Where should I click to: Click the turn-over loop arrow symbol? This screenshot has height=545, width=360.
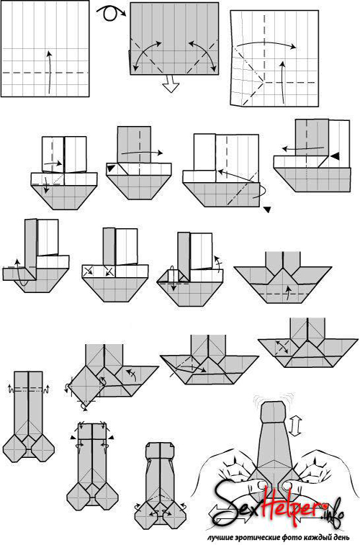[x=110, y=13]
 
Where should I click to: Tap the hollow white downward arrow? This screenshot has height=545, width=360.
[x=171, y=84]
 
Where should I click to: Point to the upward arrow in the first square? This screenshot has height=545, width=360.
[x=50, y=72]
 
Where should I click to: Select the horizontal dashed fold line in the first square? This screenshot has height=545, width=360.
[x=45, y=73]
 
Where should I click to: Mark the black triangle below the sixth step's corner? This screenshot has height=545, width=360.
[x=268, y=210]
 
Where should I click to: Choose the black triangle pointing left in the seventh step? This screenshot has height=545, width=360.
[x=334, y=157]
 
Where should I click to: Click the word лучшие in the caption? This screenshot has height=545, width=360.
[x=219, y=537]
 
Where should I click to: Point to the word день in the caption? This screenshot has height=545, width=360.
[x=342, y=537]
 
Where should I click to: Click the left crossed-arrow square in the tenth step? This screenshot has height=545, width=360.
[x=88, y=271]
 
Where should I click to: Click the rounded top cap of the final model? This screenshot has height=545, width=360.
[x=274, y=413]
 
